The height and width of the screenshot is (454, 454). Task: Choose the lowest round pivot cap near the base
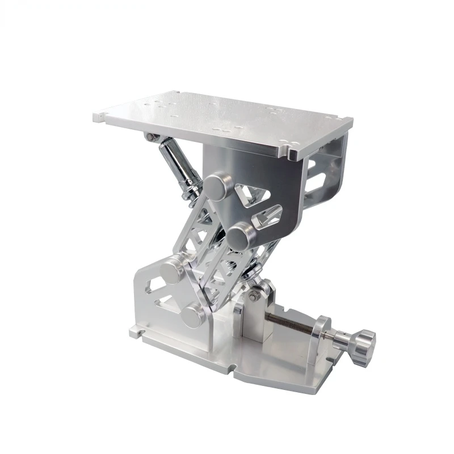pos(194,315)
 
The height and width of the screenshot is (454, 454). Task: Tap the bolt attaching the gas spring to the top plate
pos(150,137)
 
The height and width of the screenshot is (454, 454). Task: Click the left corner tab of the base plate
pos(134,331)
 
